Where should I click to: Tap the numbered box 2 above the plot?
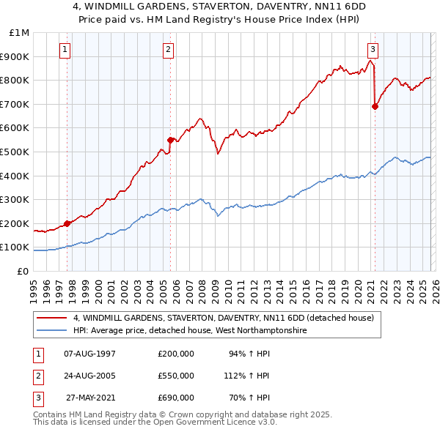click(169, 50)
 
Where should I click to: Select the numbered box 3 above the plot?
click(373, 50)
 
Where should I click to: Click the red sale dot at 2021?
click(375, 106)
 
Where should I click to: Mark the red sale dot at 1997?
click(67, 223)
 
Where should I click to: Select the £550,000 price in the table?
click(176, 376)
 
